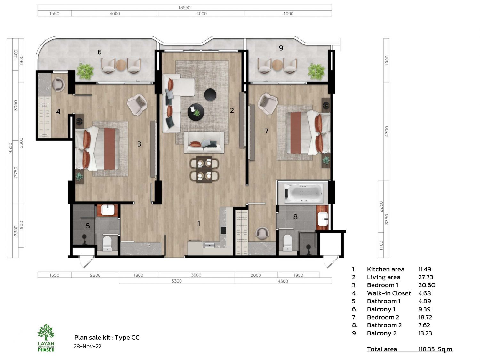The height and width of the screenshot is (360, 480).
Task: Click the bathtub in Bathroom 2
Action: [x=303, y=193]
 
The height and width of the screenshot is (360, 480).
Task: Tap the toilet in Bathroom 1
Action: [x=107, y=244]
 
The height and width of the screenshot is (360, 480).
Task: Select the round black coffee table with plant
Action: [x=196, y=112]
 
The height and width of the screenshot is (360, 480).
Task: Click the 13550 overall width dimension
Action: [x=184, y=8]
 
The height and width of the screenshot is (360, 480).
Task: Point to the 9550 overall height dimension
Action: [x=10, y=148]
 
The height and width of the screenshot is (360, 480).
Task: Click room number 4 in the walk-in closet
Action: [x=58, y=111]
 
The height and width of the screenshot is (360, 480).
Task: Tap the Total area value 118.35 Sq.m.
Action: [x=436, y=349]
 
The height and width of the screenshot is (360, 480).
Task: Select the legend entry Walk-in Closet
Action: [x=389, y=293]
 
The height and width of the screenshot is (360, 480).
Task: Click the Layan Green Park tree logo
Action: [x=46, y=332]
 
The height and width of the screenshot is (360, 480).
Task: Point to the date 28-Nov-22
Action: [x=88, y=346]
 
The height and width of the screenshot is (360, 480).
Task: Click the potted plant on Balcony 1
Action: [x=85, y=71]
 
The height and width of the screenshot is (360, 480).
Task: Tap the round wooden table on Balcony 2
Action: [x=277, y=65]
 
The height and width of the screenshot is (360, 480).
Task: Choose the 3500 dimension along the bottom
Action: [x=196, y=275]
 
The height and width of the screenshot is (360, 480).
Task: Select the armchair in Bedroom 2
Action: [x=268, y=104]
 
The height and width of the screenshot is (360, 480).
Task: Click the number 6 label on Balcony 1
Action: [x=100, y=52]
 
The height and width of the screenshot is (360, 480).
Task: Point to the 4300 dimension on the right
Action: [x=387, y=132]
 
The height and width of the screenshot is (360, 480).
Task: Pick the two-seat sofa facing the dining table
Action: [x=204, y=142]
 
